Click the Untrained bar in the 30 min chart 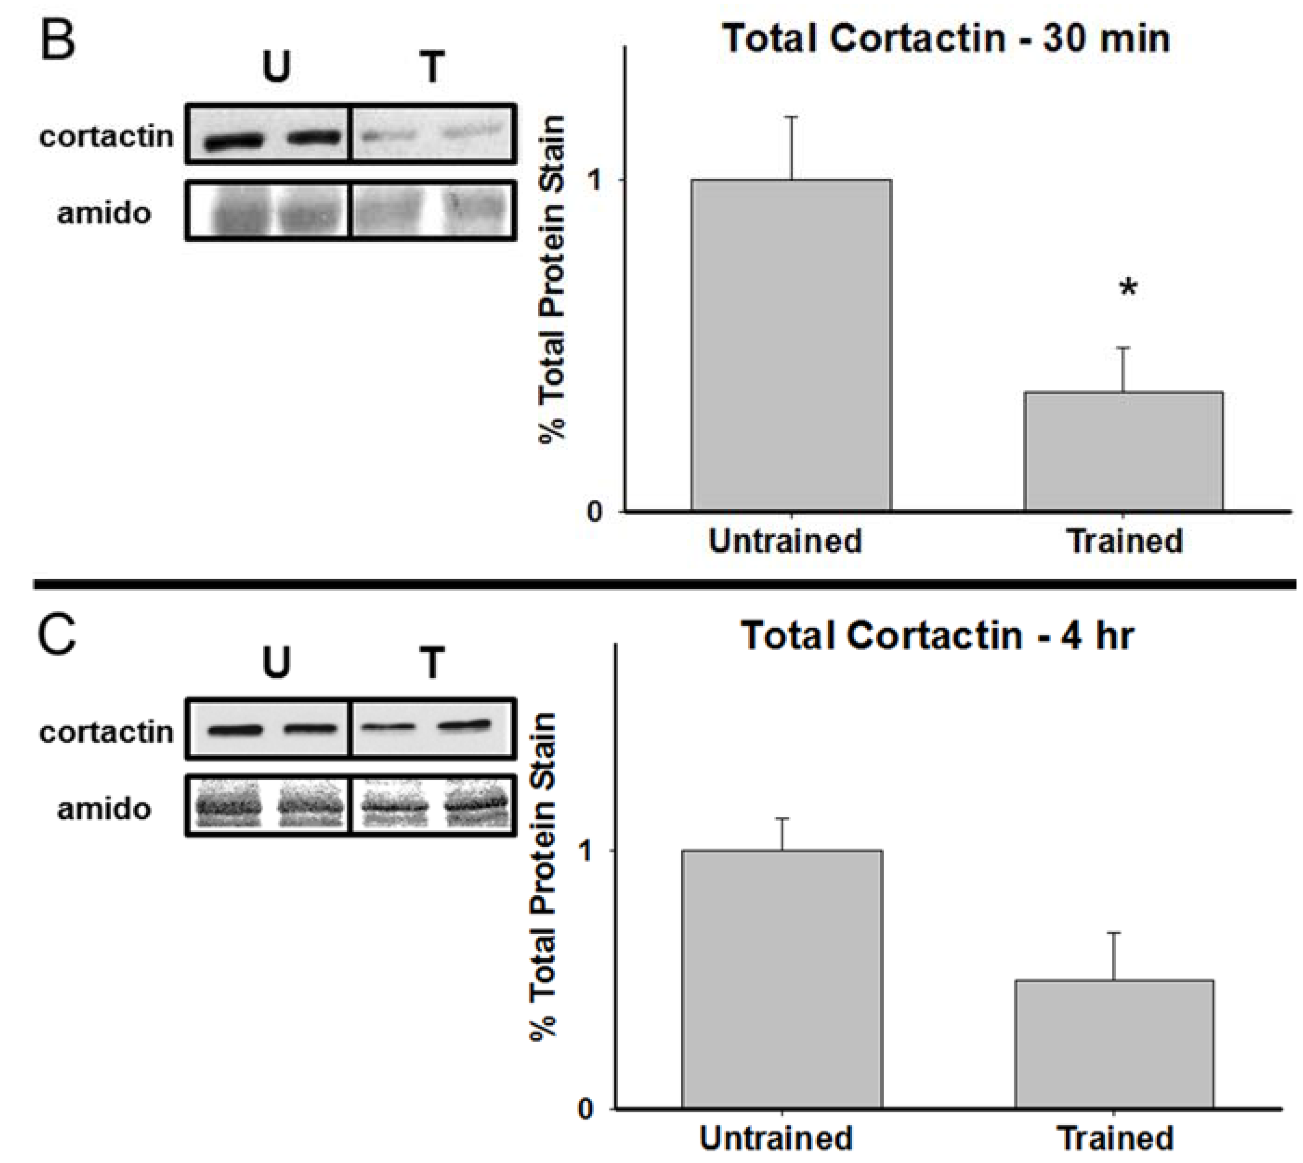[791, 345]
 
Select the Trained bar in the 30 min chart [1123, 451]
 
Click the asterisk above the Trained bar [1128, 289]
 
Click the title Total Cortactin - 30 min [946, 39]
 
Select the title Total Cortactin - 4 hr [938, 636]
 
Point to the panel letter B [58, 39]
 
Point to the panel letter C [58, 636]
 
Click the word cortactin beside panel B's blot [106, 136]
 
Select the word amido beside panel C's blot [104, 809]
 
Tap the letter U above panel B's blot [277, 68]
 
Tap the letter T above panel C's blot [432, 663]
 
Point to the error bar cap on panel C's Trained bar [1114, 934]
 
